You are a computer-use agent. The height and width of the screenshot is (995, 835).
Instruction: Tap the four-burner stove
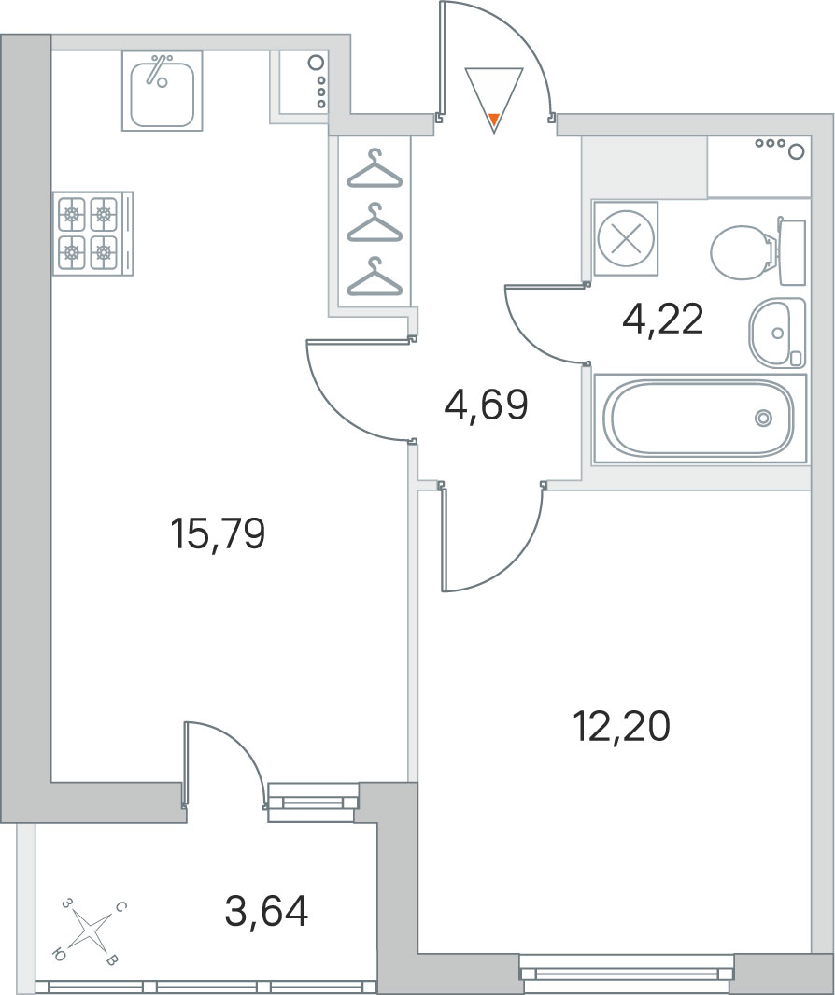click(x=93, y=233)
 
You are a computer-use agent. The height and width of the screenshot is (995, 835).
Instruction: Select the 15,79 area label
click(x=218, y=533)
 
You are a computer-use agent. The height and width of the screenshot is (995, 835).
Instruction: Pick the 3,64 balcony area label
click(x=266, y=911)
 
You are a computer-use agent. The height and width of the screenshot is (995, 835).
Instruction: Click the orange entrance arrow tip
click(x=494, y=119)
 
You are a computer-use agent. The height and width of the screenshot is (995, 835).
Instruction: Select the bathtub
click(x=700, y=419)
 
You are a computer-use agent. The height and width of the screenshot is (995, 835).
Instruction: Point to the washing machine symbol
click(x=626, y=238)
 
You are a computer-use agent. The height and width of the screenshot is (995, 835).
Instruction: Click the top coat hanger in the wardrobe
click(x=375, y=169)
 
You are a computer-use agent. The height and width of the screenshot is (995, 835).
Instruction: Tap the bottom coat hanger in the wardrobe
click(x=375, y=277)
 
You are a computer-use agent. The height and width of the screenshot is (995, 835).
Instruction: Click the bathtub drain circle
click(x=764, y=418)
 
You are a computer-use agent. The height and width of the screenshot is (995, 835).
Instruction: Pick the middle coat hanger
click(x=375, y=222)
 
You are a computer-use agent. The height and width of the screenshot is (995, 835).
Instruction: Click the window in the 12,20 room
click(x=626, y=973)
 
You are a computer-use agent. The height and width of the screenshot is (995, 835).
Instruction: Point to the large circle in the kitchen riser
click(x=316, y=63)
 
